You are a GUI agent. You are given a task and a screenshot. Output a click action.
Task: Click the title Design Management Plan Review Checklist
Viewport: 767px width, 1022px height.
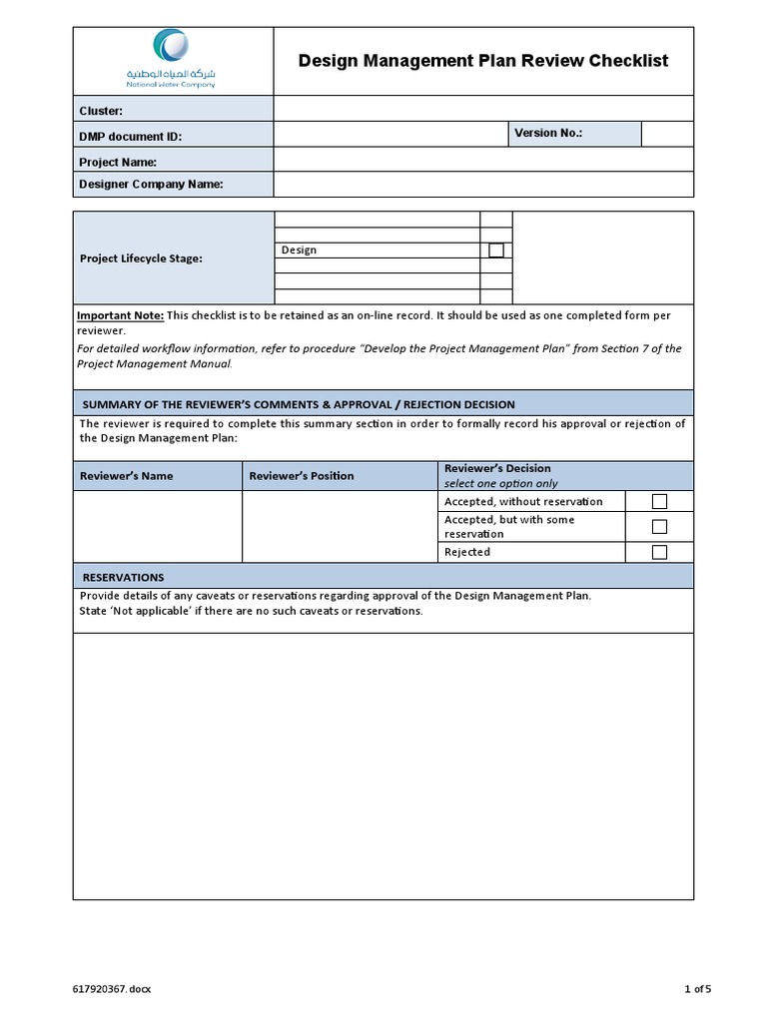click(483, 61)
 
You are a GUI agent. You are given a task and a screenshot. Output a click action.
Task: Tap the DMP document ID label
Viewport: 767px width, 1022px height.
click(130, 137)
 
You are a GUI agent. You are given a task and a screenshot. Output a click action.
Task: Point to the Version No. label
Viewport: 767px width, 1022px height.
click(547, 133)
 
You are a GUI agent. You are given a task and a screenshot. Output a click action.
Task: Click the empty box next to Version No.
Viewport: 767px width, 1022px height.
click(666, 134)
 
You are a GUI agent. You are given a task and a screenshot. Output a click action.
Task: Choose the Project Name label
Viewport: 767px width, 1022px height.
click(118, 162)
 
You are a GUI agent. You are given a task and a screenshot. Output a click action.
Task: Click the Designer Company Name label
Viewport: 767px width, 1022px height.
click(151, 184)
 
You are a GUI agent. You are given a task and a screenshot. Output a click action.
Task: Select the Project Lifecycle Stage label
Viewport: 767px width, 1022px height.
click(141, 258)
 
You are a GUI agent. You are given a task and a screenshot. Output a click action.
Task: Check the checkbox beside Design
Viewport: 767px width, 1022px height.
click(496, 251)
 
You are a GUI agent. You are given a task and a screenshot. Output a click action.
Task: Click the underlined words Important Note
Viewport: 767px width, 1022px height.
click(120, 315)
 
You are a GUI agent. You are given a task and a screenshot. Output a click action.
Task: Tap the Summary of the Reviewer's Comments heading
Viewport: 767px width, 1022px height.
click(298, 404)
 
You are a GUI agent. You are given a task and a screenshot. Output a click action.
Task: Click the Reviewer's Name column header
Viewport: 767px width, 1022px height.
click(126, 476)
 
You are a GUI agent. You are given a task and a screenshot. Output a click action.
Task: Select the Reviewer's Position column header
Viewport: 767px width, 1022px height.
click(301, 476)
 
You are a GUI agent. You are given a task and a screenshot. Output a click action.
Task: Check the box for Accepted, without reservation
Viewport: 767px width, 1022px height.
click(659, 501)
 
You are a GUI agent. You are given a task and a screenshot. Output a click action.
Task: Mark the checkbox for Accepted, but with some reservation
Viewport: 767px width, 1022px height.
click(659, 527)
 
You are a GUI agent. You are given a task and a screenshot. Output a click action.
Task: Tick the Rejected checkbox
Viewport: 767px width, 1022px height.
click(659, 552)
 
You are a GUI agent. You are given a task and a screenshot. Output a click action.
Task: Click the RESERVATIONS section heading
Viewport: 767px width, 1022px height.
click(123, 577)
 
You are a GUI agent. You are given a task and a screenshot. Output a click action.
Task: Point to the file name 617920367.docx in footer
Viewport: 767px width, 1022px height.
click(112, 989)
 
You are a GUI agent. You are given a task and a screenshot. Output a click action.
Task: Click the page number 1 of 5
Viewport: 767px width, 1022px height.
click(697, 989)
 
